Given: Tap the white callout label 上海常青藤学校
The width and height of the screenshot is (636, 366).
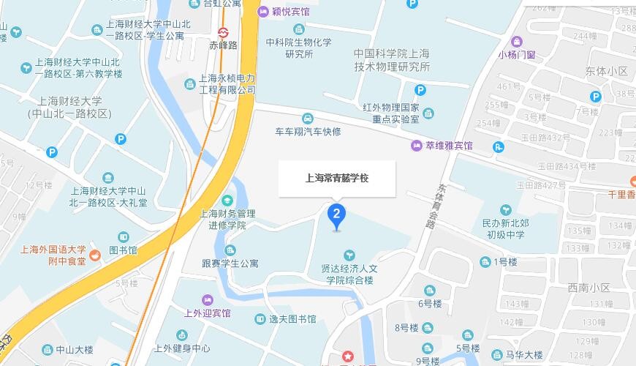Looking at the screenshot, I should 336,179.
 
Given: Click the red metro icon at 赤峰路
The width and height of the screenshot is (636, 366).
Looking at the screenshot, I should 224,32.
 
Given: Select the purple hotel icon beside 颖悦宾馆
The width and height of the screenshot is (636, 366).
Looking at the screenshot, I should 262,12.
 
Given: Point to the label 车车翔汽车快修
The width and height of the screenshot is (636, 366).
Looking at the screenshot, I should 308,132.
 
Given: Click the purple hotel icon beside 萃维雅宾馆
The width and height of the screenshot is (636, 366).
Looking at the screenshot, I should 416,146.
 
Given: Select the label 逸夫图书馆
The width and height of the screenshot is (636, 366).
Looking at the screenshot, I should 292,319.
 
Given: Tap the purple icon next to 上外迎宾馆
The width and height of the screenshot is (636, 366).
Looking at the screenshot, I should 208,299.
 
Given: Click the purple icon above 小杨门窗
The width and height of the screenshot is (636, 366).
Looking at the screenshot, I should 518,40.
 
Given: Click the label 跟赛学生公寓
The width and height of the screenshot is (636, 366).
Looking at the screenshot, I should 230,264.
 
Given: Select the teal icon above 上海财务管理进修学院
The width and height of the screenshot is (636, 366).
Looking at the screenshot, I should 227,201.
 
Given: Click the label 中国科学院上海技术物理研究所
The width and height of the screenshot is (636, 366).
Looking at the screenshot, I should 391,59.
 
